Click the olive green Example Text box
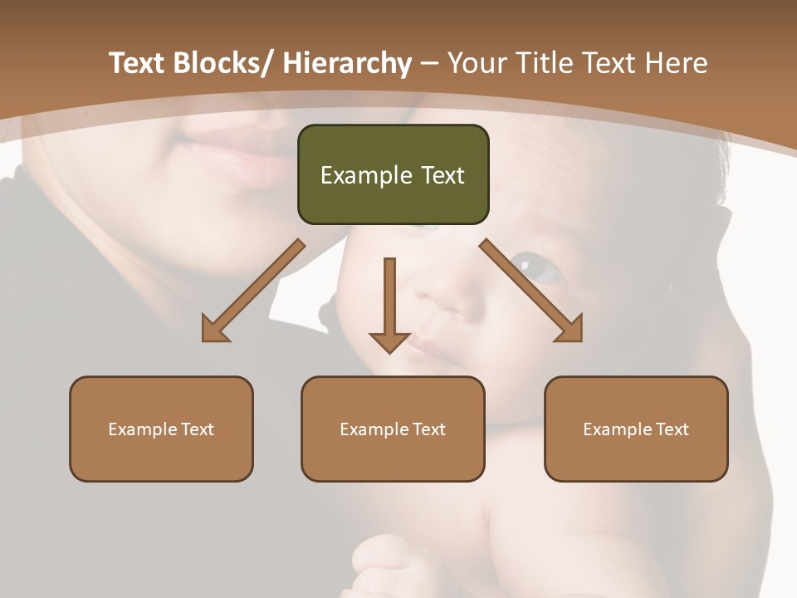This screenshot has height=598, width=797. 393,174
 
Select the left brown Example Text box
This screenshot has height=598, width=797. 161,429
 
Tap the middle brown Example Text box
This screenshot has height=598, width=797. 393,429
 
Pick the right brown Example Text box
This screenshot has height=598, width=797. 636,429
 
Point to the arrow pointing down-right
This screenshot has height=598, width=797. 531,291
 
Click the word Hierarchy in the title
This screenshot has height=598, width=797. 346,63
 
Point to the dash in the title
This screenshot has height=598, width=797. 429,63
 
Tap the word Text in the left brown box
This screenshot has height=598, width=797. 198,429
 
